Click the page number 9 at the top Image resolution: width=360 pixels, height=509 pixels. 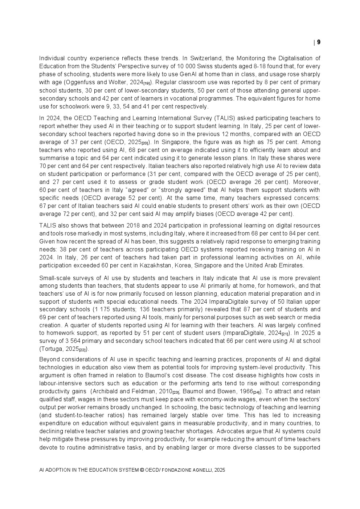tap(319, 42)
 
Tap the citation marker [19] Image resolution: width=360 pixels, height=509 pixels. tap(147, 83)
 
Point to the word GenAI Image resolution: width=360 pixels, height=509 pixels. tap(189, 74)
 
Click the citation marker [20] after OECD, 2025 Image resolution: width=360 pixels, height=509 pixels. tap(145, 143)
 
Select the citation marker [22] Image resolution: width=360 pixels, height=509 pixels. tap(82, 350)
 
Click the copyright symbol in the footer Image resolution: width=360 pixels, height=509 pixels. tap(142, 470)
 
